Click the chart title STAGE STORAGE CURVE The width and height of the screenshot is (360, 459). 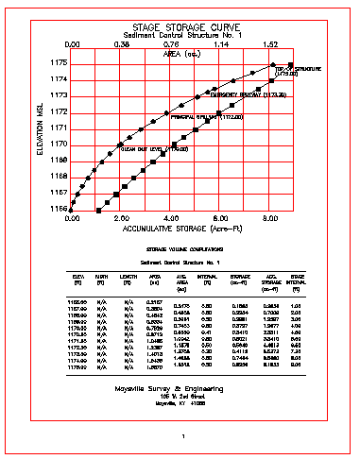pyautogui.click(x=179, y=28)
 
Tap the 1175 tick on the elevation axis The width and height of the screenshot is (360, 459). pyautogui.click(x=57, y=62)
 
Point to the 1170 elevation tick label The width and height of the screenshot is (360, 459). pyautogui.click(x=57, y=144)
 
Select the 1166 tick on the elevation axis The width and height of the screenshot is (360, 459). pyautogui.click(x=57, y=209)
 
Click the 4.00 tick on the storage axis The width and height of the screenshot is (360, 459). pyautogui.click(x=170, y=217)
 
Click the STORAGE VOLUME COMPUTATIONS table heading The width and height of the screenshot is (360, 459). pyautogui.click(x=179, y=247)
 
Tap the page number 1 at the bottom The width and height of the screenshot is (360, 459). pyautogui.click(x=181, y=435)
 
